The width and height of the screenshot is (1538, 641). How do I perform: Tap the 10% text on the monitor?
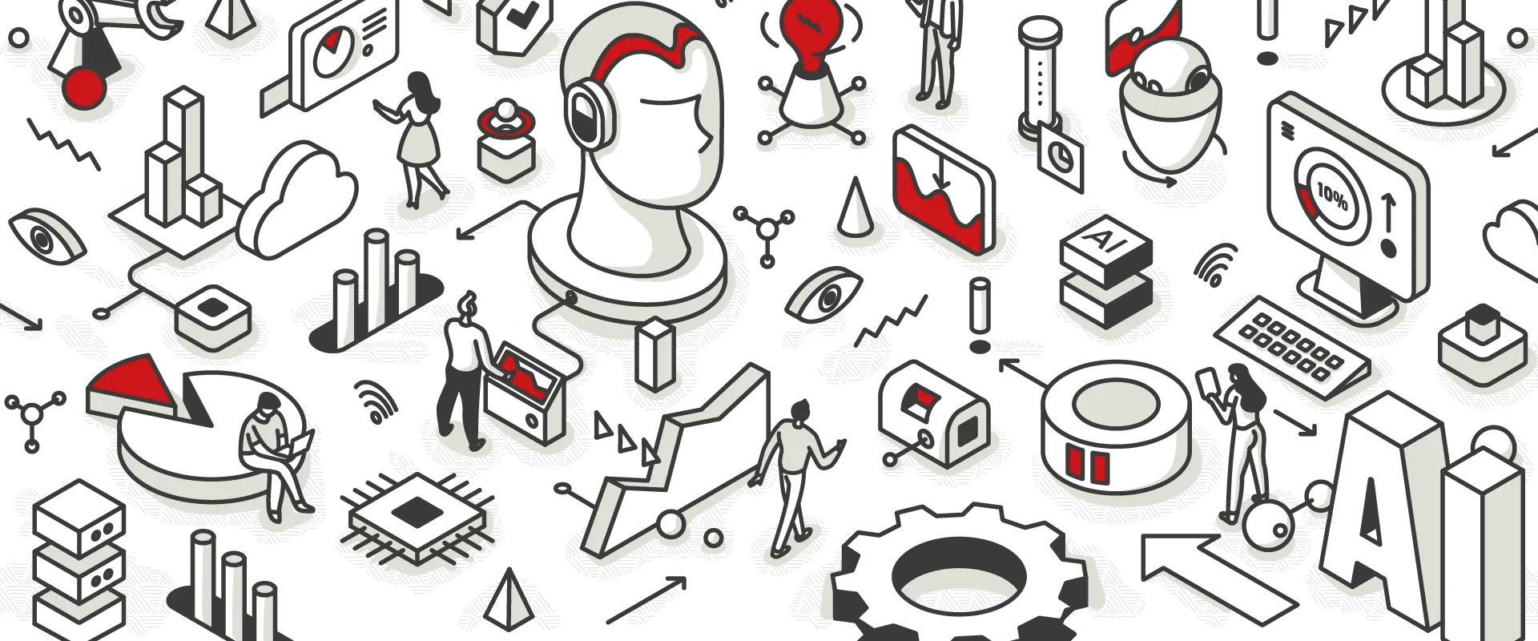[x=1332, y=195]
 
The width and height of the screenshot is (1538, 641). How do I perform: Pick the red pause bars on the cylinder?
[x=1086, y=466]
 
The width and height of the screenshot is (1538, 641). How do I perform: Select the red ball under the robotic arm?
[x=86, y=87]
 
